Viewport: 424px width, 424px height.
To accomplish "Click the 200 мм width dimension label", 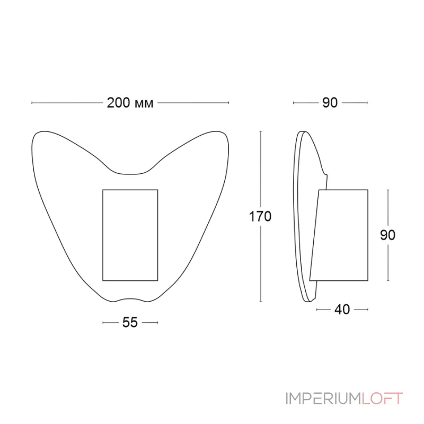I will coord(130,103).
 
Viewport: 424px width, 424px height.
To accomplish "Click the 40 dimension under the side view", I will coord(342,310).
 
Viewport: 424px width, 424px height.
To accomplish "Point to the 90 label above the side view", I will coord(330,103).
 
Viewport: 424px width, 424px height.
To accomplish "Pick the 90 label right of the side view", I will coord(388,235).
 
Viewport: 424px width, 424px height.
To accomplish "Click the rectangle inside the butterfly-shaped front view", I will coord(130,235).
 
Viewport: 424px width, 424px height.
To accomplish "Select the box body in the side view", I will coord(342,235).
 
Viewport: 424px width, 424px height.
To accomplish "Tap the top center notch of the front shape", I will coord(130,173).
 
